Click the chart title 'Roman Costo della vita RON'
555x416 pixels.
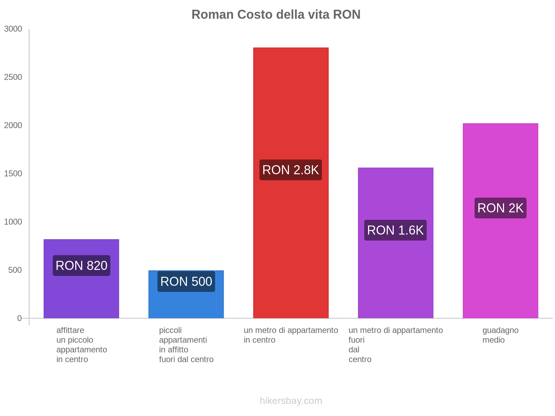click(x=276, y=15)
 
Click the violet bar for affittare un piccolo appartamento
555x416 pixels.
click(x=81, y=298)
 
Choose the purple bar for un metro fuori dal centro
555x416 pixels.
click(x=395, y=277)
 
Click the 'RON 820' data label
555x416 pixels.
click(x=82, y=266)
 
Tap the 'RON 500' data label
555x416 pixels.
click(x=186, y=281)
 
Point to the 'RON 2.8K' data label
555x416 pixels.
click(x=291, y=170)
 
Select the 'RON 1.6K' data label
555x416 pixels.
click(x=395, y=230)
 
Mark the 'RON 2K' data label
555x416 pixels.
click(x=500, y=208)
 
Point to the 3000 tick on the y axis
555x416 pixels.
click(x=13, y=29)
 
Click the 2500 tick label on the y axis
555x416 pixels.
click(x=13, y=77)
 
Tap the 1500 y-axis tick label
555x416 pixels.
click(x=13, y=174)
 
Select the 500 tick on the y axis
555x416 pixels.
click(x=15, y=270)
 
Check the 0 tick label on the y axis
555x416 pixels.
click(x=19, y=318)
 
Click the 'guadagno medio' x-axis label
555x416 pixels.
click(x=500, y=335)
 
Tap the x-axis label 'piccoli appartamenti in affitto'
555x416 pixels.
click(x=186, y=345)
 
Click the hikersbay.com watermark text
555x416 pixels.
click(x=291, y=401)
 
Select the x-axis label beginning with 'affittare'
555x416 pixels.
click(x=82, y=345)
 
